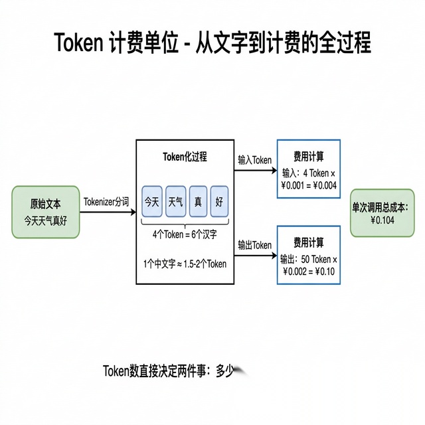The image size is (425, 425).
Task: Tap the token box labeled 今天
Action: tap(152, 200)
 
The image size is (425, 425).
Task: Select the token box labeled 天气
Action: tap(176, 200)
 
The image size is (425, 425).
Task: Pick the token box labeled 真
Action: tap(198, 200)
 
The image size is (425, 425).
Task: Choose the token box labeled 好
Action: tap(218, 200)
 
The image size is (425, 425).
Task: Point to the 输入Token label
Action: tap(255, 160)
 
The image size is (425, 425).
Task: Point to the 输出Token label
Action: tap(255, 245)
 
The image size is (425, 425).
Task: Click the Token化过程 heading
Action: tap(185, 157)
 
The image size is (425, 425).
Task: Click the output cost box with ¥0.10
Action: tap(308, 255)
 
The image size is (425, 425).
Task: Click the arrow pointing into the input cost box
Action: tap(255, 170)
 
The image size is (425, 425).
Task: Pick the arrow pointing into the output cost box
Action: tap(255, 255)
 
